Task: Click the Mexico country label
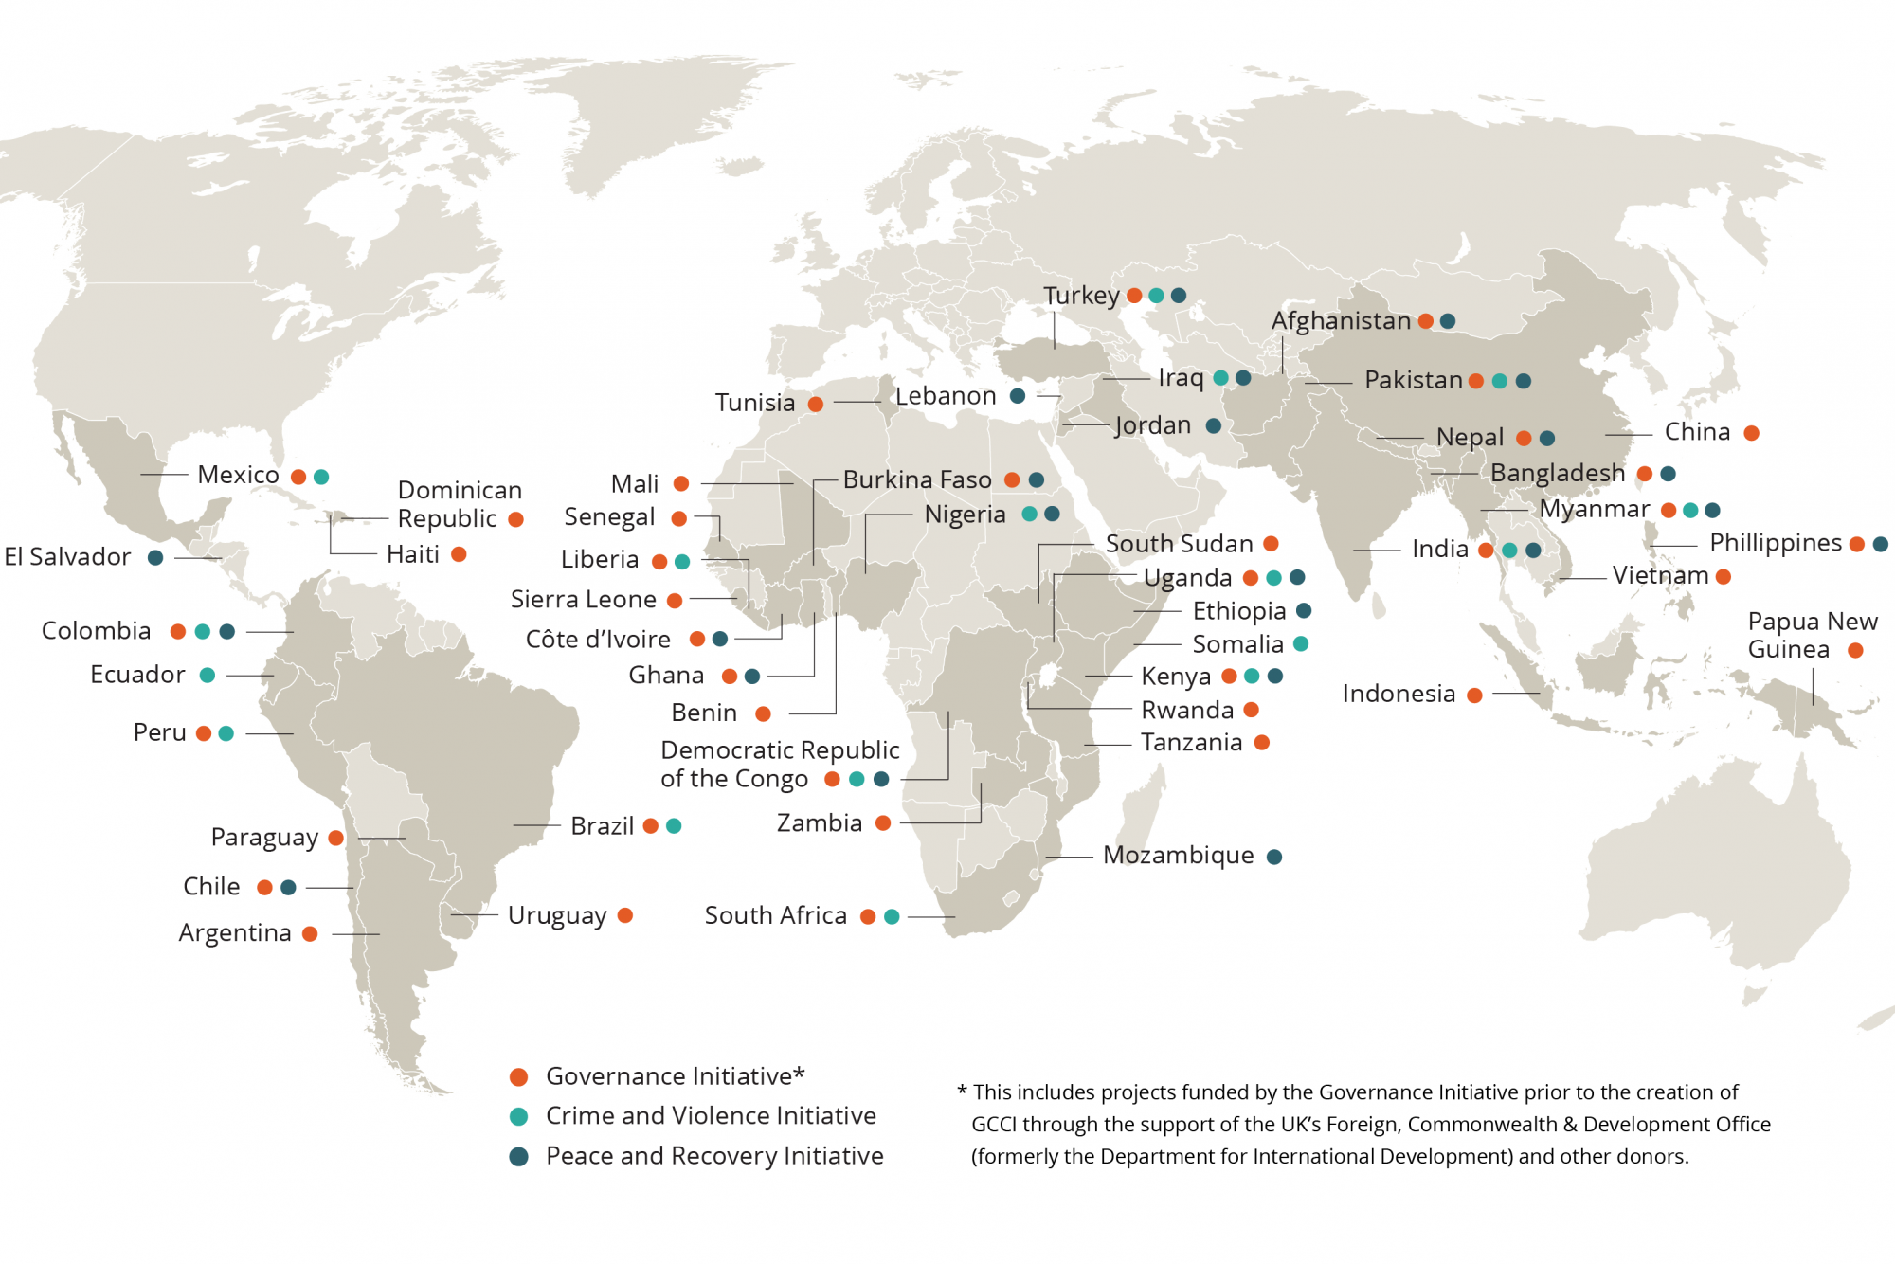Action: coord(238,475)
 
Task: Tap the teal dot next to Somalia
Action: coord(1301,644)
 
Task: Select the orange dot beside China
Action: coord(1751,433)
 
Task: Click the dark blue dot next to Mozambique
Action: coord(1274,857)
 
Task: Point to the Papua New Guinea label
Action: coord(1812,635)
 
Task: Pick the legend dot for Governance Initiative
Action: coord(518,1077)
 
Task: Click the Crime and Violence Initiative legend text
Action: coord(711,1116)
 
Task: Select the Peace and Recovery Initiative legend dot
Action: coord(518,1157)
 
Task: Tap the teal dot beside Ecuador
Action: coord(208,676)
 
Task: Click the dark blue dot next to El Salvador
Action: coord(155,557)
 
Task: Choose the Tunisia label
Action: coord(754,403)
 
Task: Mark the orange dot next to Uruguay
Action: coord(624,915)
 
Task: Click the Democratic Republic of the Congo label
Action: coord(779,764)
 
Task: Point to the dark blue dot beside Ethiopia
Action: coord(1304,611)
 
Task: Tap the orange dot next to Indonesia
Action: coord(1474,695)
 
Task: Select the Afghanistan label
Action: coord(1341,321)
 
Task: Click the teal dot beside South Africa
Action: coord(892,916)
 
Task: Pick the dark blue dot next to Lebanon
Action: coord(1018,396)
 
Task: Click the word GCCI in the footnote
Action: coord(994,1125)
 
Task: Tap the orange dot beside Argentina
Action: coord(310,934)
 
